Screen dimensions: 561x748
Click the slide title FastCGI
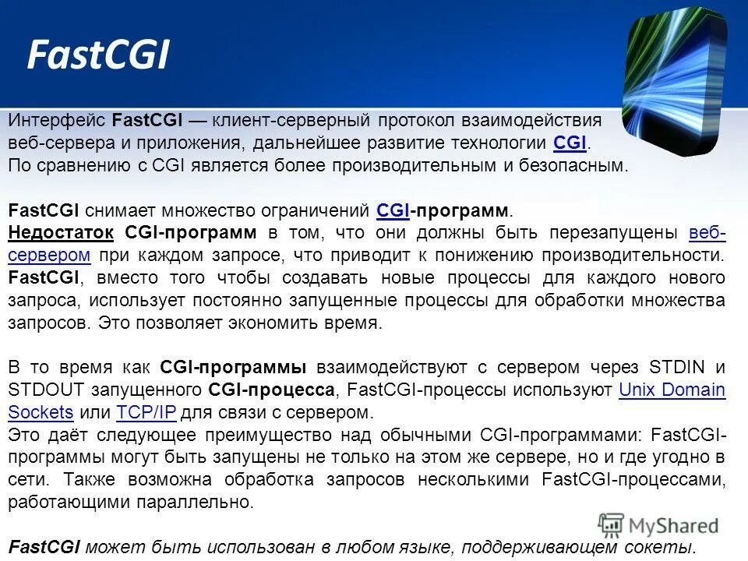[97, 56]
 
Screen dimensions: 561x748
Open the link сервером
[49, 256]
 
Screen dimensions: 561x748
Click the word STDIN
[682, 367]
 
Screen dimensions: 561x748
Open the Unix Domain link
[672, 390]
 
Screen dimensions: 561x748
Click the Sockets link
[41, 412]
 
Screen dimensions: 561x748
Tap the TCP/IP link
[146, 412]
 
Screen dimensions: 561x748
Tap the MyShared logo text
[672, 527]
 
